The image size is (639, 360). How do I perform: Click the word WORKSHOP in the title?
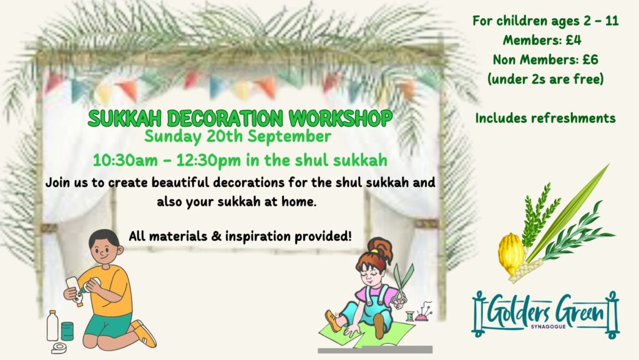pos(341,118)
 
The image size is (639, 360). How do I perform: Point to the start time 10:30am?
pos(125,160)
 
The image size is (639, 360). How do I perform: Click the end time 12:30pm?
pos(208,161)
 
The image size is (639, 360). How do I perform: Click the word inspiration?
pos(258,236)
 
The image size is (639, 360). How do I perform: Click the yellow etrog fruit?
pos(511,254)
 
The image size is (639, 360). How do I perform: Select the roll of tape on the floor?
pos(59,348)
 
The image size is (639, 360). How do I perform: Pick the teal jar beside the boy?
pos(67,331)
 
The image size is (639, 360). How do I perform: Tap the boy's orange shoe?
pos(144,333)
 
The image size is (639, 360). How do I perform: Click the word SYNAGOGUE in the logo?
pos(548,326)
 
